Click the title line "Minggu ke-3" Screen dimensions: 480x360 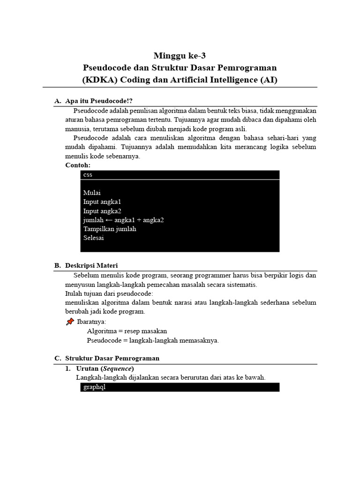tap(180, 56)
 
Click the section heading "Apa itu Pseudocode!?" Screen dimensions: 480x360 tap(102, 101)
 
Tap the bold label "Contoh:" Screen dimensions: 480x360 tap(78, 165)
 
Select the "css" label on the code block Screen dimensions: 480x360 tap(88, 175)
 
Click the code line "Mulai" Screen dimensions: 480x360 tap(92, 193)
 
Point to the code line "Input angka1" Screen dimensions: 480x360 tap(102, 202)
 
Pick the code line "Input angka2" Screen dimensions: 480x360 tap(102, 211)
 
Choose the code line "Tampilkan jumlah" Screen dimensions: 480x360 tap(110, 229)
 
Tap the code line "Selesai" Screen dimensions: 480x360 tap(93, 238)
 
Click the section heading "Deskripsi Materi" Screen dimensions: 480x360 tap(91, 265)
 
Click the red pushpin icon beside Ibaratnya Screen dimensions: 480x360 tap(70, 322)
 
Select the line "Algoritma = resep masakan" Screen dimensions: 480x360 tap(127, 331)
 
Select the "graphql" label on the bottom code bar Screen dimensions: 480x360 tap(94, 387)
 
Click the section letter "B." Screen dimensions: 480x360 tap(58, 265)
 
